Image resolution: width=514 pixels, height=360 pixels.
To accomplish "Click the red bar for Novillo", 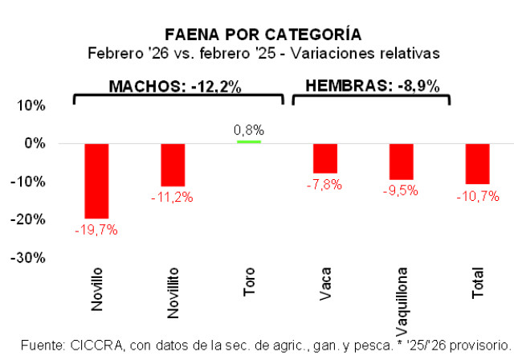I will point(96,181).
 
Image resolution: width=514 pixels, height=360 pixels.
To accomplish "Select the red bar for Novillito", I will point(173,165).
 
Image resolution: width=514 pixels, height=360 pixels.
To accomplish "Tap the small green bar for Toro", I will point(249,141).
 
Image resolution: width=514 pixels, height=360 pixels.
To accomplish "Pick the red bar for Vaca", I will point(325,158).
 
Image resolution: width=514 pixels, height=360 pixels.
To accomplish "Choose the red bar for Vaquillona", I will point(401,162).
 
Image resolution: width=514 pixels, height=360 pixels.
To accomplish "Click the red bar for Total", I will point(477,164).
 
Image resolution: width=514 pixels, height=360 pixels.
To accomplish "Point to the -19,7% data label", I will point(97,230).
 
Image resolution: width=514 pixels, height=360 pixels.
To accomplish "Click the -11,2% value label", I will point(173,198).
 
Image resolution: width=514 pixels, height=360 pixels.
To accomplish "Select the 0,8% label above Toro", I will point(249,129).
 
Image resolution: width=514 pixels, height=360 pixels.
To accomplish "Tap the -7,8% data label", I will point(324,185).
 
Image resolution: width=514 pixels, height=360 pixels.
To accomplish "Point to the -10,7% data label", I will point(478,195).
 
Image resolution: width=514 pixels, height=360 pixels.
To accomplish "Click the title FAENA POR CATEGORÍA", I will point(263,35).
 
